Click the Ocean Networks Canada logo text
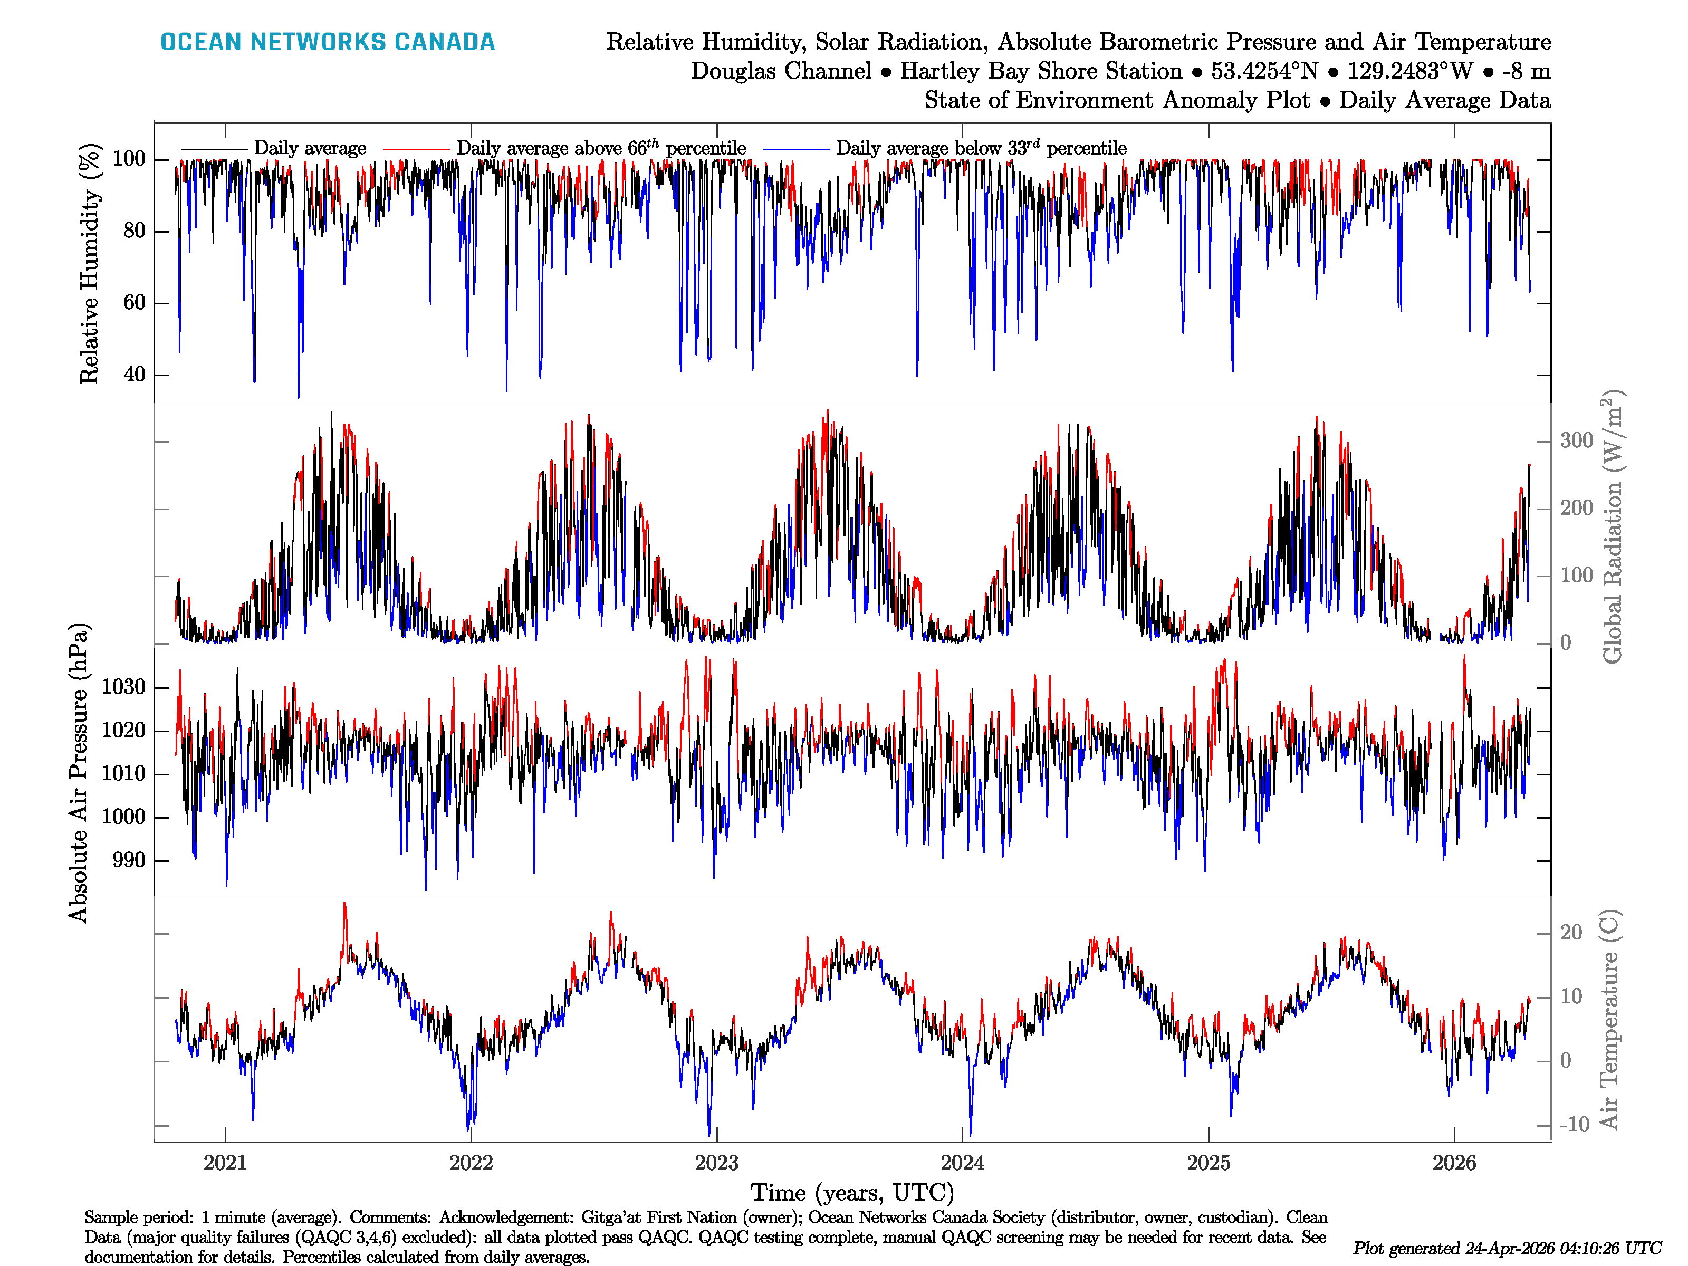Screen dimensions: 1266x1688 328,42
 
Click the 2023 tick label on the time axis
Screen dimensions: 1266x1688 716,1163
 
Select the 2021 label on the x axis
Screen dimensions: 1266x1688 225,1163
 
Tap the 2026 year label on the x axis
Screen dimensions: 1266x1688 1454,1163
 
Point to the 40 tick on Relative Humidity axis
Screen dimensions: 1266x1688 135,375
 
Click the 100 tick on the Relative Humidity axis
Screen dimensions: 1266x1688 129,159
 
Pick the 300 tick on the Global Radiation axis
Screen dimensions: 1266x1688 1576,440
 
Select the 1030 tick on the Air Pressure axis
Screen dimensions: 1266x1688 123,687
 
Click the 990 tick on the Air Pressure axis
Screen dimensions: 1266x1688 128,860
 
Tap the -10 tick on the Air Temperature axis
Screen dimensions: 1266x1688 1574,1124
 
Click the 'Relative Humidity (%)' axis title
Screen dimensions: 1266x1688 90,263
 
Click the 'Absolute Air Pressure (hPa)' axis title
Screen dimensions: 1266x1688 79,772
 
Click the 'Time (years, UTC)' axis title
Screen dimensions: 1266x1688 852,1193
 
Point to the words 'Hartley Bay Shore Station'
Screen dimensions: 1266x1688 1041,71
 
